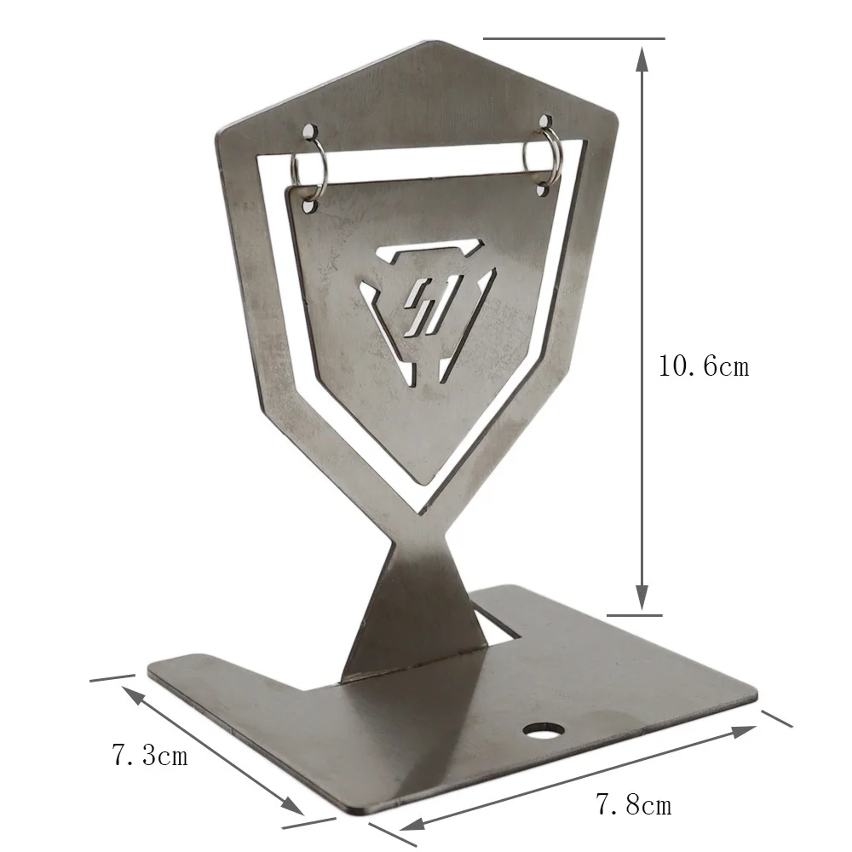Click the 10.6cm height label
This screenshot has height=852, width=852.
[704, 366]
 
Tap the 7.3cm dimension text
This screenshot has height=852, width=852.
[150, 755]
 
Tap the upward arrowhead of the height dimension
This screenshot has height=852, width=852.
[642, 59]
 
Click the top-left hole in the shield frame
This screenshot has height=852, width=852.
[308, 131]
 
